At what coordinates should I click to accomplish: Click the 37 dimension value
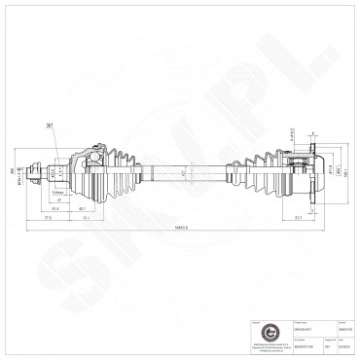point(59,200)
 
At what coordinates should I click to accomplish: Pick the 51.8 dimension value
point(55,207)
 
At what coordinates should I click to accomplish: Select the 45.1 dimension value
point(84,207)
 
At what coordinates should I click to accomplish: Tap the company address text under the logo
point(256,344)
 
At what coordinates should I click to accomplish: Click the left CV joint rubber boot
point(117,173)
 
